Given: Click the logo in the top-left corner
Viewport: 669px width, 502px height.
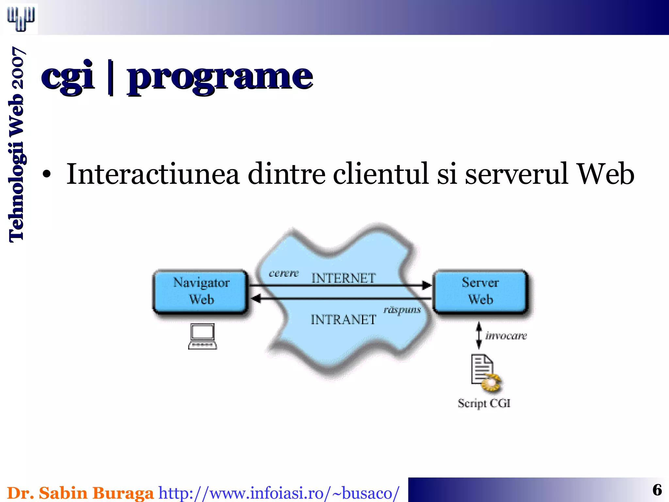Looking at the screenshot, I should click(x=21, y=19).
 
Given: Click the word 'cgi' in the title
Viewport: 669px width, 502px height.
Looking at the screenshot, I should click(x=68, y=76).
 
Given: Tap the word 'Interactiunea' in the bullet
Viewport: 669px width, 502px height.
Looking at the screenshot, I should click(x=153, y=174).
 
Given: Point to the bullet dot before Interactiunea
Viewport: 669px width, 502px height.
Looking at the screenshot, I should click(x=47, y=175).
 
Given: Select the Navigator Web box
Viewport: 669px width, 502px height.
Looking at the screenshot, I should click(x=201, y=291).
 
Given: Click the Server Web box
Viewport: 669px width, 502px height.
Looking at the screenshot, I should click(x=480, y=291).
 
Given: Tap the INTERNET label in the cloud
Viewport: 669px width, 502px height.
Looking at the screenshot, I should click(x=343, y=278).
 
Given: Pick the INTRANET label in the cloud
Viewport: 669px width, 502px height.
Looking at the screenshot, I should click(x=343, y=320).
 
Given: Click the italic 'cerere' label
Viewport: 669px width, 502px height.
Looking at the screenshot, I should click(x=284, y=273).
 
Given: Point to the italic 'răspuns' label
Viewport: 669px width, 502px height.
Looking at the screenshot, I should click(x=402, y=310).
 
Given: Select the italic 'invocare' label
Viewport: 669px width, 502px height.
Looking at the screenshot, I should click(x=506, y=336).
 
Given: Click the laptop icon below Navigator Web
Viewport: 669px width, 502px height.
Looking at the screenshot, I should click(x=203, y=337).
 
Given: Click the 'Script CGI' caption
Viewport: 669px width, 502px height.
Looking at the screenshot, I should click(x=484, y=403).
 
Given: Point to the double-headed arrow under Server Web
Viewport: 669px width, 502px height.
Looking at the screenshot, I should click(x=479, y=335).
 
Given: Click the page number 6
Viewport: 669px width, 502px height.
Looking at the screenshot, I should click(x=657, y=490).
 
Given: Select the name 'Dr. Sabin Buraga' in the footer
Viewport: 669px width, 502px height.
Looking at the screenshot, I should click(x=80, y=493).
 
